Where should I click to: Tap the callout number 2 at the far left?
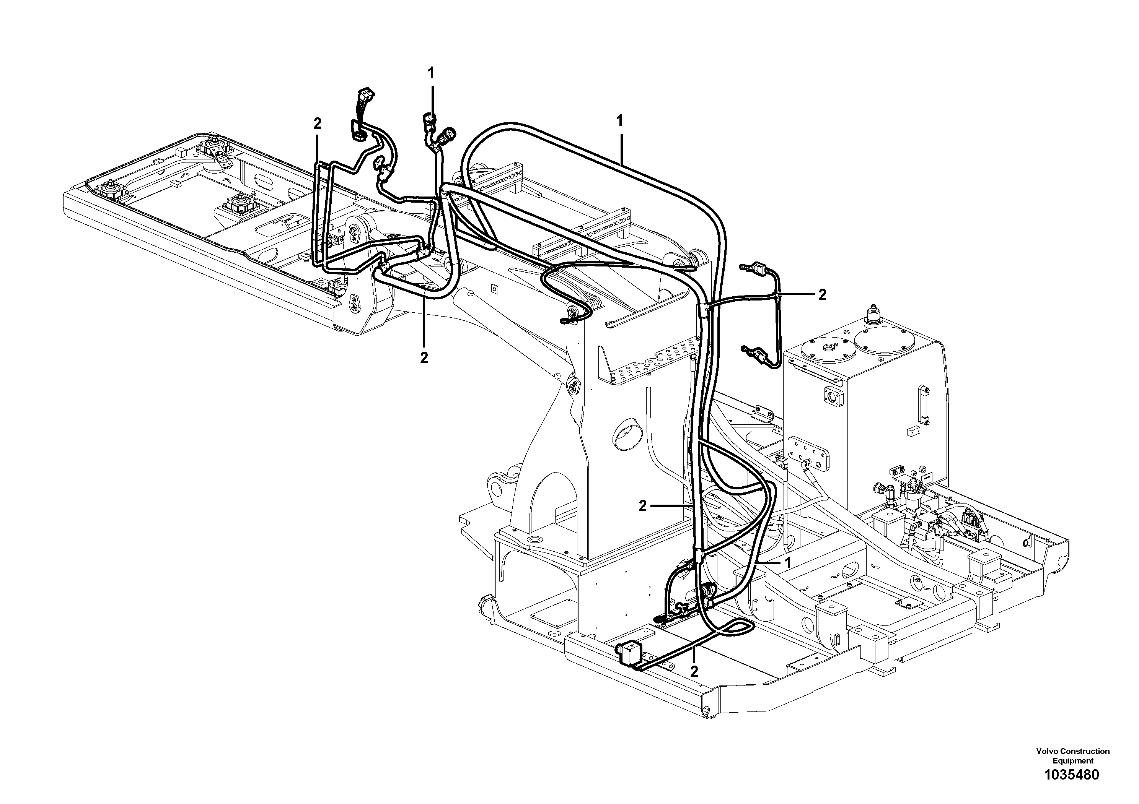(x=318, y=124)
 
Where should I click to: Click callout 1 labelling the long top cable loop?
(x=619, y=120)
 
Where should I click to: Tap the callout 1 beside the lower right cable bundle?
(x=787, y=563)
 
